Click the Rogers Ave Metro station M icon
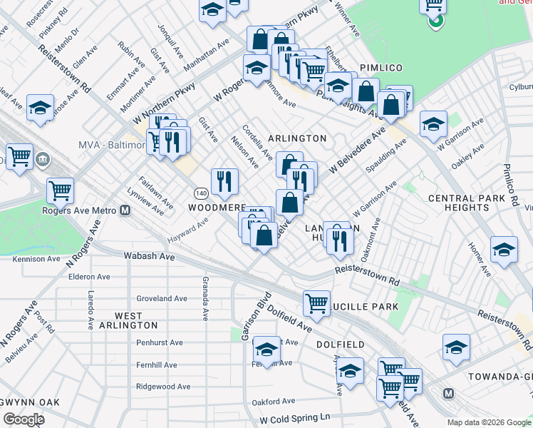point(125,210)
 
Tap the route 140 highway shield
point(201,193)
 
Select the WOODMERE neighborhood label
point(217,207)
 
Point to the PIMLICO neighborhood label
point(381,68)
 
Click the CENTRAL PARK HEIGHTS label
point(467,203)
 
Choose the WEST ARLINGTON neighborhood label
point(128,320)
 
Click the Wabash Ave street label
point(149,255)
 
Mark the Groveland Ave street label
point(161,298)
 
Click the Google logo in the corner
point(24,419)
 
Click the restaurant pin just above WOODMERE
point(224,182)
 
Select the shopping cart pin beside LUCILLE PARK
point(316,302)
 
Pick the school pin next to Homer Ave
point(504,250)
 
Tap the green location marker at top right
point(435,21)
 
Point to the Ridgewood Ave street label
point(163,387)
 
